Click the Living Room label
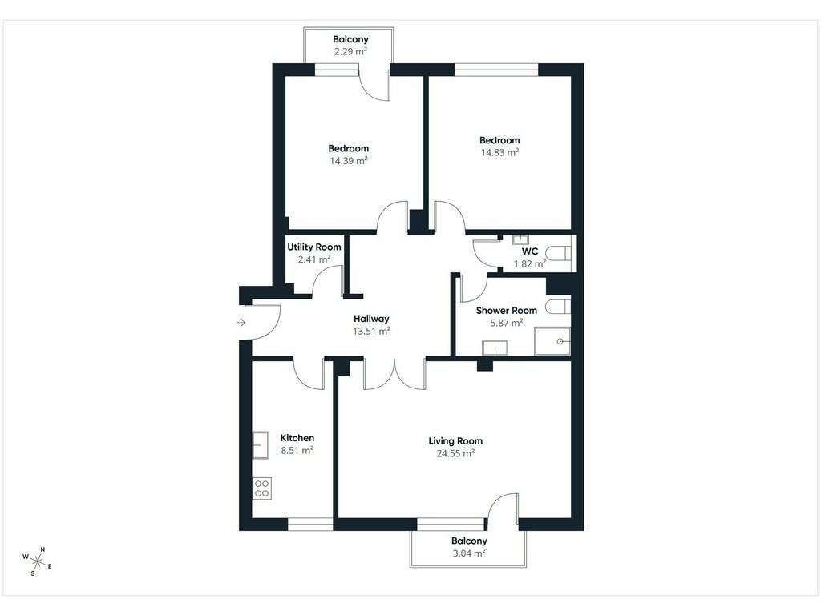(x=455, y=441)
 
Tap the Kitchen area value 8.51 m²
(x=297, y=450)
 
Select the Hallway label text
(x=371, y=319)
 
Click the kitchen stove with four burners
(x=262, y=488)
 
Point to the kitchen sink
(x=261, y=445)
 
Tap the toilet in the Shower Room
(x=558, y=307)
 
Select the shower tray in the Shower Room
(x=552, y=341)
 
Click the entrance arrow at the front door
(x=241, y=323)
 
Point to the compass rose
(x=37, y=561)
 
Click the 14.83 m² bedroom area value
(x=500, y=153)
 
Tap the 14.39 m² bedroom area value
(x=348, y=161)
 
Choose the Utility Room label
(x=314, y=247)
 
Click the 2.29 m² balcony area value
(x=351, y=51)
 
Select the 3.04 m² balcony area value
(x=469, y=553)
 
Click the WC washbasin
(x=520, y=240)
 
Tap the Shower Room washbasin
(x=495, y=348)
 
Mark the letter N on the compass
(x=43, y=549)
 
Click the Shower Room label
(x=507, y=311)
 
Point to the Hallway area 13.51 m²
(x=371, y=331)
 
